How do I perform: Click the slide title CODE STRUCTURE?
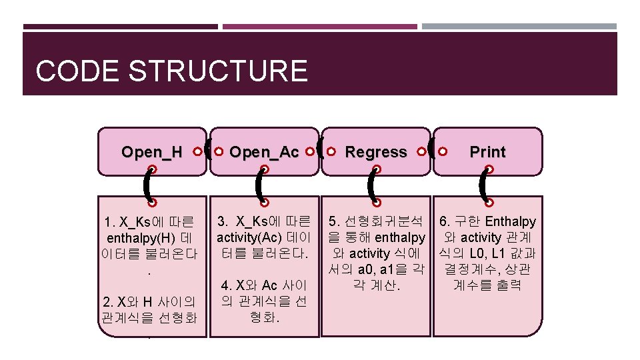click(x=171, y=71)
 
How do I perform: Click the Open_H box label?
click(x=152, y=152)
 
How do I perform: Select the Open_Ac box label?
click(x=264, y=152)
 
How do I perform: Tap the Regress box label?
click(x=376, y=152)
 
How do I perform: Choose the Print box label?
click(x=488, y=152)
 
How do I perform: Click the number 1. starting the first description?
click(x=110, y=222)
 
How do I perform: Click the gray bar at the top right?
click(x=519, y=27)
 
